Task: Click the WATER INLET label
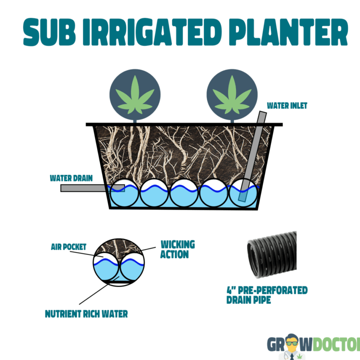click(x=287, y=105)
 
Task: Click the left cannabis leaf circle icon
click(x=134, y=93)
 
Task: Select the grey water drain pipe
click(x=85, y=188)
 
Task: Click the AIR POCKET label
click(x=68, y=247)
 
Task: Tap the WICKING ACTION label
click(x=177, y=249)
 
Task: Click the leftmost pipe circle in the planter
click(x=124, y=192)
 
